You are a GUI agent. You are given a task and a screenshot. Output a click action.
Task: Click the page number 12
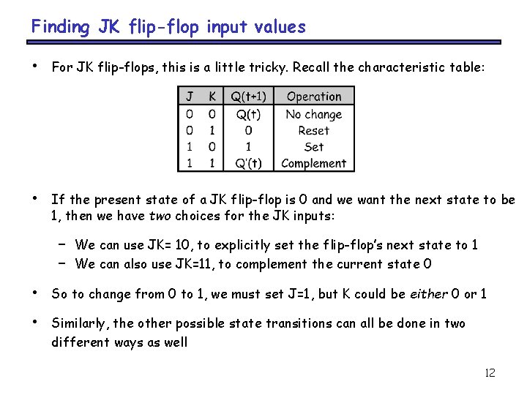490,373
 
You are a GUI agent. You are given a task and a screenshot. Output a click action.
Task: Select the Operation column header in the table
314,97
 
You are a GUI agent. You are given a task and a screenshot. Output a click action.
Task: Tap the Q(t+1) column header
249,97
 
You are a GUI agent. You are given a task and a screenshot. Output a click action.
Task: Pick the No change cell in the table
314,114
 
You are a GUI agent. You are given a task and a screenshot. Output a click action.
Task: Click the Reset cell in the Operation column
314,130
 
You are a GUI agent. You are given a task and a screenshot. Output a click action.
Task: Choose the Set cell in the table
314,146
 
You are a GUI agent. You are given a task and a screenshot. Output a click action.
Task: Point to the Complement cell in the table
314,163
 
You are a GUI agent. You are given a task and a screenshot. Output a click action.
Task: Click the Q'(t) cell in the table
249,163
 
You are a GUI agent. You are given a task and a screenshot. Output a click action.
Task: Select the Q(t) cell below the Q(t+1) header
249,114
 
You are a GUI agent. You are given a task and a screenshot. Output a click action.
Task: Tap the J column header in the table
190,97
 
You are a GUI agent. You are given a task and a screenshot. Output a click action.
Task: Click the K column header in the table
212,97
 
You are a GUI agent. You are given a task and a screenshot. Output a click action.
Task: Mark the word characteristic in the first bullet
395,68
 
